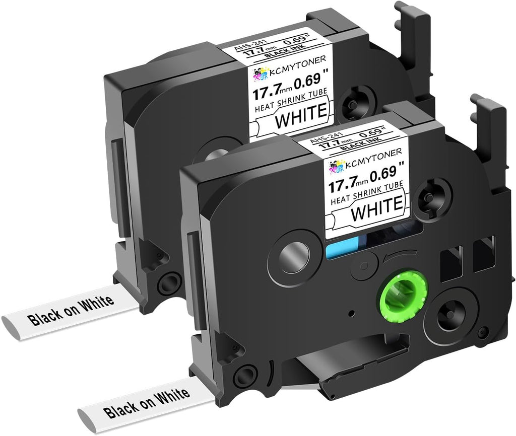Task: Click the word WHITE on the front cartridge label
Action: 377,206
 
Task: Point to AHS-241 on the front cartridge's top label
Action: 327,138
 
